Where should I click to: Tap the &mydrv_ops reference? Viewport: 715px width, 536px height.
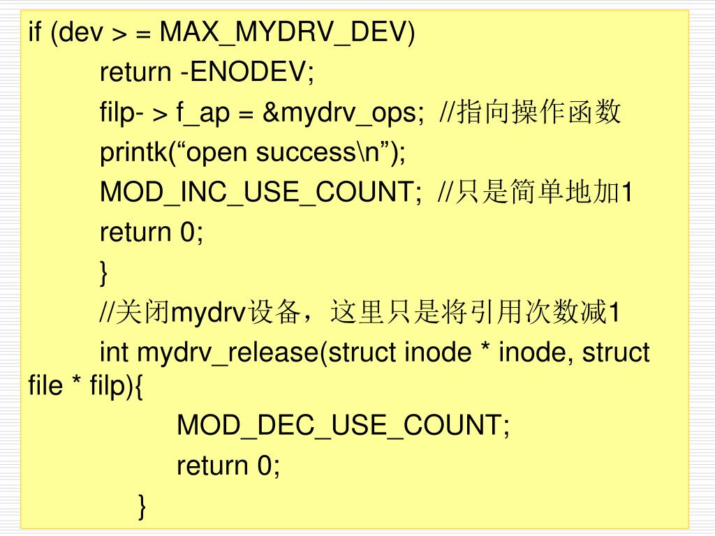click(x=343, y=112)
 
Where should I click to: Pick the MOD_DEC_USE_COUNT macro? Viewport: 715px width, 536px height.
click(x=342, y=425)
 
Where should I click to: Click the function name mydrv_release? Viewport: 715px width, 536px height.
click(x=228, y=353)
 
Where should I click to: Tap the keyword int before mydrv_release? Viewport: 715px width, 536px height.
click(x=115, y=353)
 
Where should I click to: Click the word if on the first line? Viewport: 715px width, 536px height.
click(x=34, y=32)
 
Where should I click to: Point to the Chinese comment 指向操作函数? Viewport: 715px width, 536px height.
click(x=538, y=112)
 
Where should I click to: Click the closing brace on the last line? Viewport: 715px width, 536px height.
click(x=142, y=505)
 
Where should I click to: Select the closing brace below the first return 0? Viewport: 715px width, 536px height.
click(x=105, y=273)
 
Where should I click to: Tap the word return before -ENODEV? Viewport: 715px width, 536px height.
click(x=135, y=72)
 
